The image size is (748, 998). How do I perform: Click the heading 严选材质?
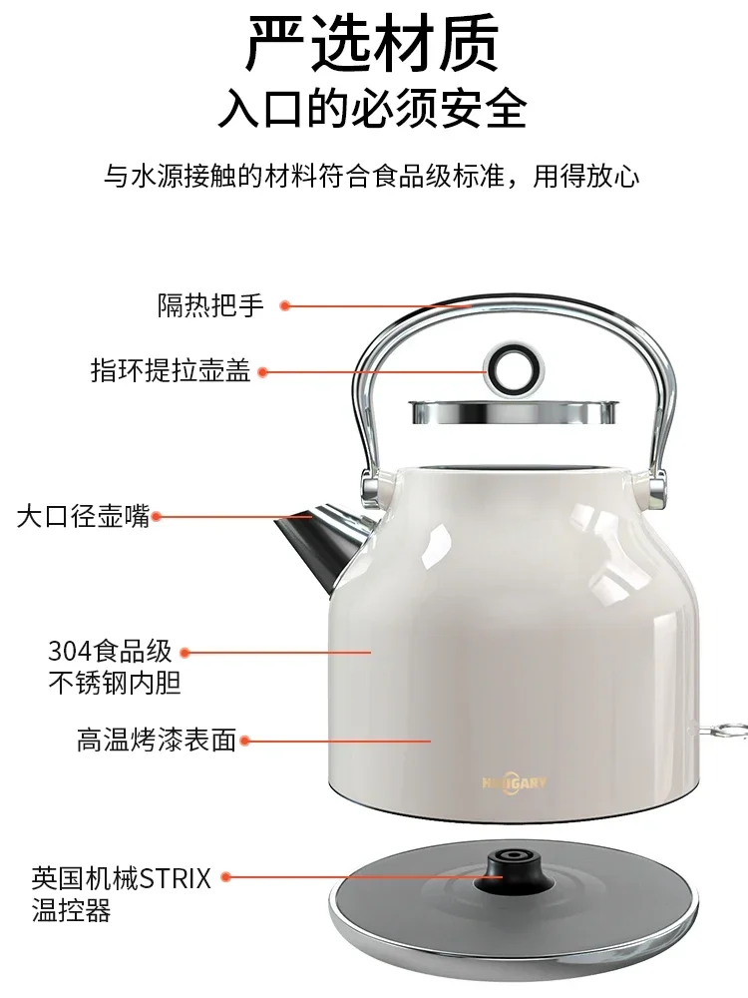click(373, 45)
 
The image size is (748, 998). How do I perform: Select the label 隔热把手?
click(210, 305)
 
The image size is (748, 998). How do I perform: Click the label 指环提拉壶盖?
click(171, 371)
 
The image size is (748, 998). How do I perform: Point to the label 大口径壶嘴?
click(83, 517)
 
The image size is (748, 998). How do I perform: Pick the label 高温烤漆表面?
click(157, 741)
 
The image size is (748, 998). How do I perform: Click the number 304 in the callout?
click(69, 653)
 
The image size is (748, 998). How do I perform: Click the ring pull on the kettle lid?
click(512, 366)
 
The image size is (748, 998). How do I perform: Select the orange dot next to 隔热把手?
click(284, 306)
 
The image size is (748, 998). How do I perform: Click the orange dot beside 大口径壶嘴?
click(157, 517)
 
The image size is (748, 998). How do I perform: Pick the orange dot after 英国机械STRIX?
click(226, 877)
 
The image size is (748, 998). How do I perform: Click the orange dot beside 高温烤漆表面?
click(245, 741)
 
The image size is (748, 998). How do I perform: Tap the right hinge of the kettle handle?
click(655, 486)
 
